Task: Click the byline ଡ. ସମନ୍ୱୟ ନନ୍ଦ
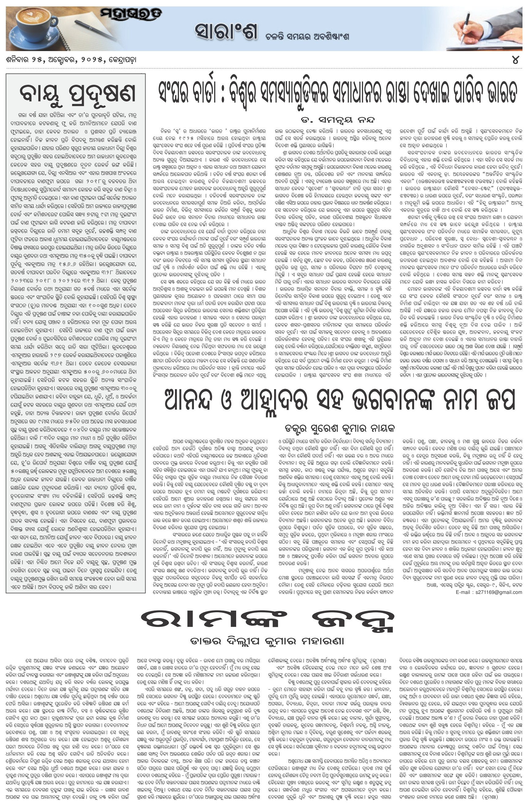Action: [337, 120]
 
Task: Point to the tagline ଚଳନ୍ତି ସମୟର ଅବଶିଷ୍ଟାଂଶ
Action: [307, 36]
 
